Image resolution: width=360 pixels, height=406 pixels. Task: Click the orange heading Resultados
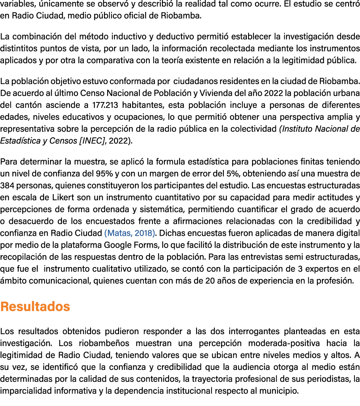[x=35, y=306]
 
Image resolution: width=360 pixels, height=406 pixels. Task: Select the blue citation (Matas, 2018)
[x=130, y=233]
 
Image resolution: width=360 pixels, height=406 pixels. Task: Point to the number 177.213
[x=105, y=105]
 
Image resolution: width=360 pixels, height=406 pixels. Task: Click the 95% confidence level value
[x=104, y=173]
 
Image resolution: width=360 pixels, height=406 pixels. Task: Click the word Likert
[x=64, y=197]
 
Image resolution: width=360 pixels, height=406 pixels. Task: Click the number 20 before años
[x=210, y=281]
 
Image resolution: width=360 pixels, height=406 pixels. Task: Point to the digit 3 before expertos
[x=300, y=269]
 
